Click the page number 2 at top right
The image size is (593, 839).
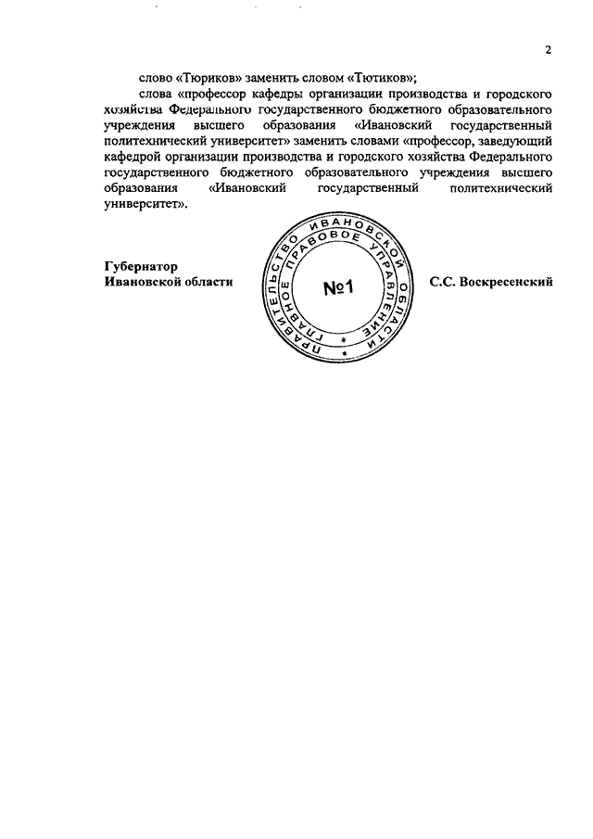coord(548,51)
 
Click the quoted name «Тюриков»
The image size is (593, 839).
coord(199,79)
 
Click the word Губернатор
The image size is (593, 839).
coord(140,265)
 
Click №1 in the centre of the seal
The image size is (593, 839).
coord(339,289)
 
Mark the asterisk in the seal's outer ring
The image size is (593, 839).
coord(346,353)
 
